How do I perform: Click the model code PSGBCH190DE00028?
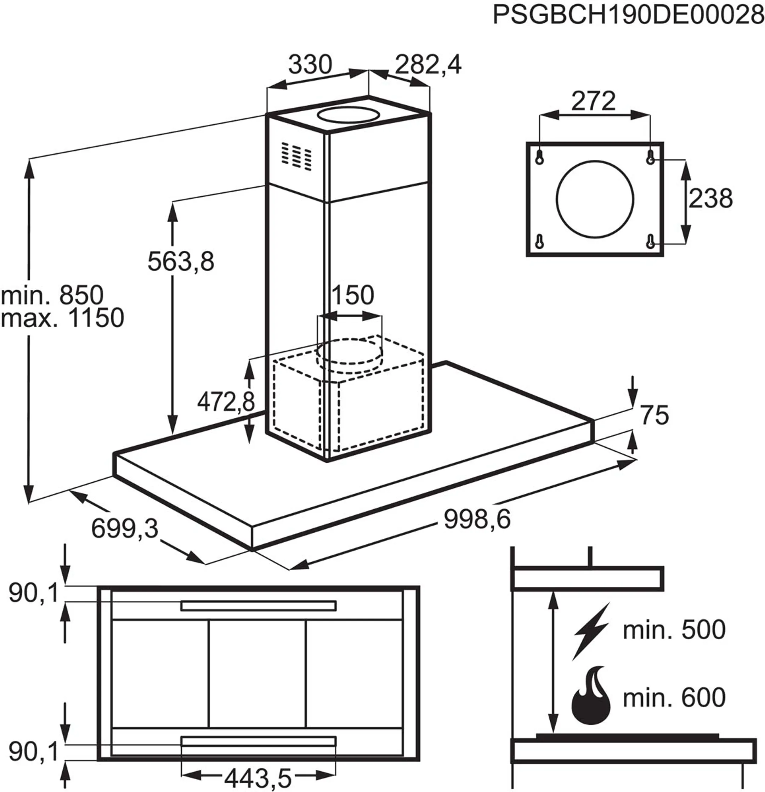pyautogui.click(x=628, y=16)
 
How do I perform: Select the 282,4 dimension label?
pyautogui.click(x=428, y=65)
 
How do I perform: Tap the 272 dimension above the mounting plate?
pyautogui.click(x=593, y=101)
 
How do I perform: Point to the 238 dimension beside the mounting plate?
pyautogui.click(x=710, y=199)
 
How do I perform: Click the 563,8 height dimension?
pyautogui.click(x=181, y=261)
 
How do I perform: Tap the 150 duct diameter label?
pyautogui.click(x=352, y=295)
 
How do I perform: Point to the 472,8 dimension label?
pyautogui.click(x=226, y=402)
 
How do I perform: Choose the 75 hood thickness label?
pyautogui.click(x=654, y=415)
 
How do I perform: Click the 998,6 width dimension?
pyautogui.click(x=477, y=519)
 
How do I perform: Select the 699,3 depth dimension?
pyautogui.click(x=124, y=528)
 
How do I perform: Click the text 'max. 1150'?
pyautogui.click(x=62, y=318)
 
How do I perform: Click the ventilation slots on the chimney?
pyautogui.click(x=297, y=155)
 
